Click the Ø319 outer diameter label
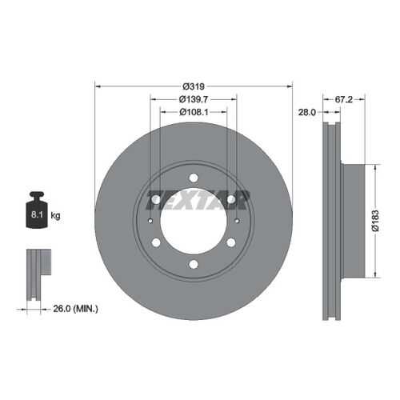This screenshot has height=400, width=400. click(x=194, y=86)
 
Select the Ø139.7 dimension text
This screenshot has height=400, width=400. click(x=194, y=99)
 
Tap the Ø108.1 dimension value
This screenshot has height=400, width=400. click(x=194, y=112)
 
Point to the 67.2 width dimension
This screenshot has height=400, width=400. click(x=344, y=99)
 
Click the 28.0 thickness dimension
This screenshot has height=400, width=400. click(x=306, y=112)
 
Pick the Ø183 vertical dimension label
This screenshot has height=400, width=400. click(x=375, y=221)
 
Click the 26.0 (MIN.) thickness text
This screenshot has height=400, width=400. click(x=76, y=309)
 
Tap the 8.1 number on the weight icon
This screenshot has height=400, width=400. click(x=37, y=214)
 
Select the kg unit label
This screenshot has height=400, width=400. click(x=55, y=215)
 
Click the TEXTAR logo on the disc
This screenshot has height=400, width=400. click(x=198, y=199)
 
